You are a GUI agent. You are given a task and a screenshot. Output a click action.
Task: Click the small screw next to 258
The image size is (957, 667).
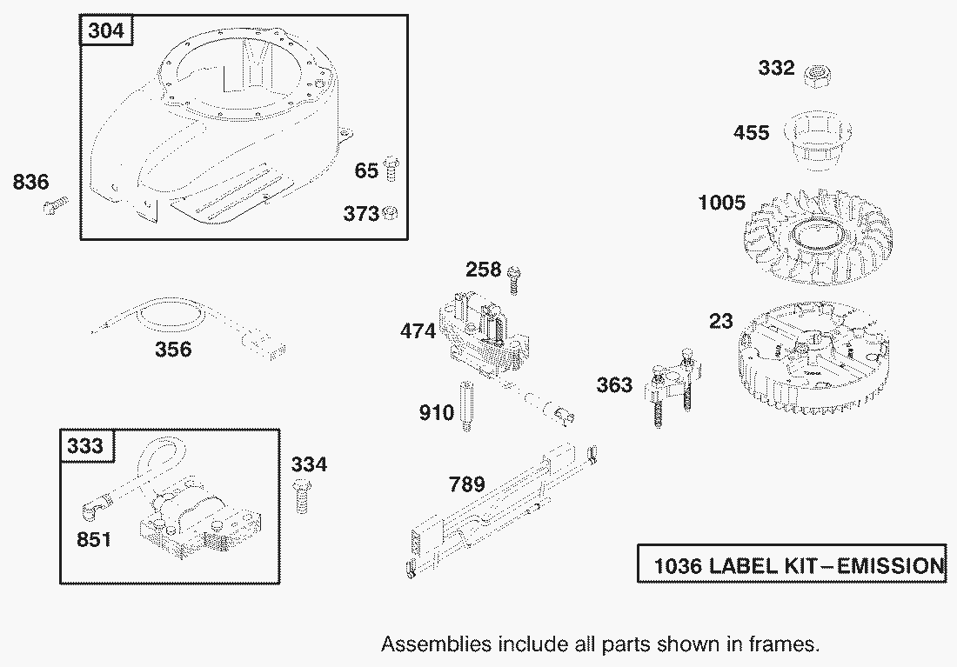tap(514, 279)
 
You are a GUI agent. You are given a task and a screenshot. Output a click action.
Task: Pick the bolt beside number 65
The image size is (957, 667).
tap(391, 169)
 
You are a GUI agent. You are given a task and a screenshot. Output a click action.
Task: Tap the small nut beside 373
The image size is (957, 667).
tap(390, 213)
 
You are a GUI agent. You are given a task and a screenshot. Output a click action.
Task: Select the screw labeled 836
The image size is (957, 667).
tap(56, 204)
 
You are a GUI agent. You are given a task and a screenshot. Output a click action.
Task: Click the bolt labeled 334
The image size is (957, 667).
tap(302, 496)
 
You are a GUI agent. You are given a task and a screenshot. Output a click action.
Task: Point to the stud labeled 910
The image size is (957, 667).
tap(466, 405)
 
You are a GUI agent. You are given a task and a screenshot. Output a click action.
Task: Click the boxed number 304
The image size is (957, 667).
tap(106, 30)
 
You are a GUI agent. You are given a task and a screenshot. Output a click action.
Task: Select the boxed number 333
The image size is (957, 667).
tap(85, 445)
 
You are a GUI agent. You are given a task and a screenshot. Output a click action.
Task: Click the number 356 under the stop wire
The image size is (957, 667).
tap(173, 349)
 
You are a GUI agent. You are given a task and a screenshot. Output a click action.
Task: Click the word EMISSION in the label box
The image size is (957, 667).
tap(890, 566)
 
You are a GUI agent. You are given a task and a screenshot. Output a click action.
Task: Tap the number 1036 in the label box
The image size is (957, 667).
tap(678, 566)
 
